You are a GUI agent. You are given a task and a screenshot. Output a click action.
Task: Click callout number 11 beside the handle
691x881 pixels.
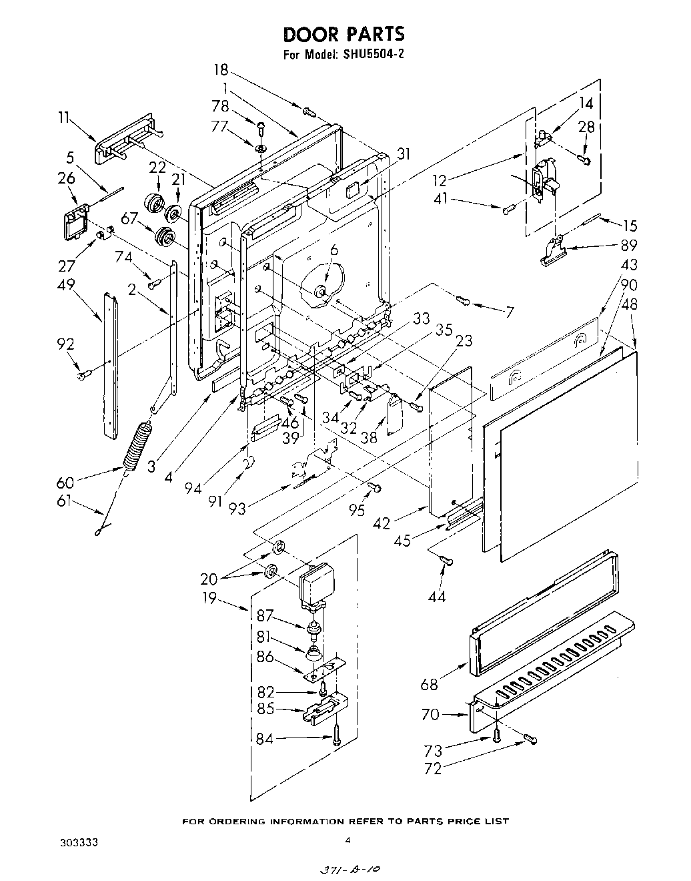pos(64,118)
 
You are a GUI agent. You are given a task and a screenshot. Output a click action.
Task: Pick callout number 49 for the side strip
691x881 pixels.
pos(66,286)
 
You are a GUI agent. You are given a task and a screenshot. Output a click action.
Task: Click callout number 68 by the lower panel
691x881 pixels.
pos(430,684)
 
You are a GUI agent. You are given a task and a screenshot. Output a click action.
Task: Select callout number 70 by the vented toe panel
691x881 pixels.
pos(430,715)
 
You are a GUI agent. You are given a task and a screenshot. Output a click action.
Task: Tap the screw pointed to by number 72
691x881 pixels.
pos(531,739)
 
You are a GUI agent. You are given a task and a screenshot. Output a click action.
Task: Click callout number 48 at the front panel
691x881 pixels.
pos(629,304)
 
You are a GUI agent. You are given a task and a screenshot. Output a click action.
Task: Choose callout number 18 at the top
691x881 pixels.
pos(221,69)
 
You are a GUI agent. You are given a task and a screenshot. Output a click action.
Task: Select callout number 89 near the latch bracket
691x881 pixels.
pos(628,245)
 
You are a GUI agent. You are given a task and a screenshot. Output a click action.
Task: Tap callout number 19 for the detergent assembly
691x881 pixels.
pos(211,598)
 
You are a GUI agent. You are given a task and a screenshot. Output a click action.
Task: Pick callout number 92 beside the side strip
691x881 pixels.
pos(66,344)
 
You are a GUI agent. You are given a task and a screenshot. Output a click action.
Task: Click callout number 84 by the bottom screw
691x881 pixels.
pos(265,738)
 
